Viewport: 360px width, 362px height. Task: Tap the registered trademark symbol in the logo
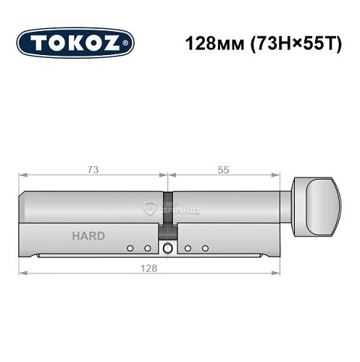coord(129,43)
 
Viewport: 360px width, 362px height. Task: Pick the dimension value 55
coord(223,169)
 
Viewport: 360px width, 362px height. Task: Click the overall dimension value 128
coord(150,266)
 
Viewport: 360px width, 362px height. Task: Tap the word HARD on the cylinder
coord(88,236)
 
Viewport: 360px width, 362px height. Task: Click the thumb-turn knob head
coord(320,201)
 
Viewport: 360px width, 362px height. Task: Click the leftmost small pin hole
coord(130,248)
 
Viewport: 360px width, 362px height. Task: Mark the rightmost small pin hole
coord(205,248)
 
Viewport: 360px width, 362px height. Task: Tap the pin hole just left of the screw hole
coord(148,248)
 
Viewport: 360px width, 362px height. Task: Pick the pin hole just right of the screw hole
coord(188,248)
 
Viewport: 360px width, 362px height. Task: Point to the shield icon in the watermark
coord(150,209)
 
